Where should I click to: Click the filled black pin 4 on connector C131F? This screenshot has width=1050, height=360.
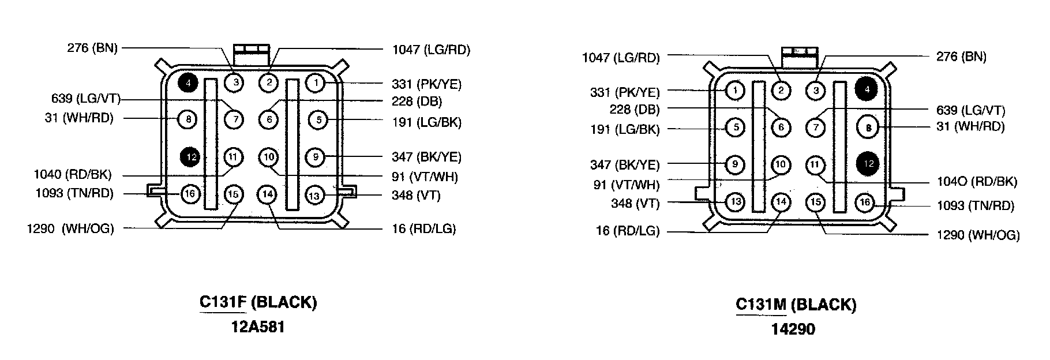tap(188, 83)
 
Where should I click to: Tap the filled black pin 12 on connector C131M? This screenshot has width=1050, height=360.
tap(868, 164)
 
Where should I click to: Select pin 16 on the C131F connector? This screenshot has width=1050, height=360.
tap(190, 193)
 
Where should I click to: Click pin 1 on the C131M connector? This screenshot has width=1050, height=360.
tap(734, 91)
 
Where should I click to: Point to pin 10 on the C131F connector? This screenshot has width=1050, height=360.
tap(268, 156)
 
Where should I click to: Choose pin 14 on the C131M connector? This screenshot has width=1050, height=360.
tap(781, 202)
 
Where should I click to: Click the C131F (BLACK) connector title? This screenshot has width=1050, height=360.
tap(258, 302)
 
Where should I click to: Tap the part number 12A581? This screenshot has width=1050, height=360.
tap(258, 327)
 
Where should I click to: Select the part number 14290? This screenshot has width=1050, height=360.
tap(793, 329)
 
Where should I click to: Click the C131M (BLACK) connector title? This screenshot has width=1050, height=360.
tap(796, 305)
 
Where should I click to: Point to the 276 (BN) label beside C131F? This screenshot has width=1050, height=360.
tap(92, 48)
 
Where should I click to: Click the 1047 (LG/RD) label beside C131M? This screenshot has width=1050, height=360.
tap(620, 58)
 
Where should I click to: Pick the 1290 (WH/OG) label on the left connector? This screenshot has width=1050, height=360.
tap(70, 228)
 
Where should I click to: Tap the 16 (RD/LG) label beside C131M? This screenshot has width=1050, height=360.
tap(627, 231)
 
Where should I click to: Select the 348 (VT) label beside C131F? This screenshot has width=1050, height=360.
tap(416, 196)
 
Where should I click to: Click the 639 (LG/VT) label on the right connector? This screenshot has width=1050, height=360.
tap(970, 110)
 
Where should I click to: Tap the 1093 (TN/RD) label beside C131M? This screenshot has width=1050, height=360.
tap(975, 205)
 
